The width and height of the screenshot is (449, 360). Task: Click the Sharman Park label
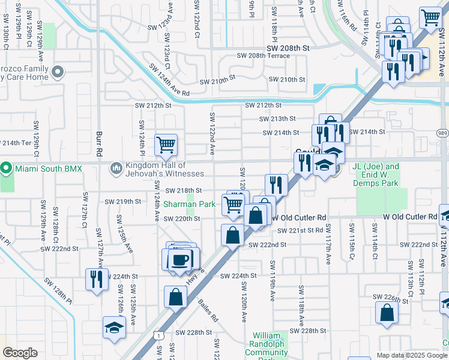click(x=190, y=205)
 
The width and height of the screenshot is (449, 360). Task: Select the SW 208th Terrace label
click(x=263, y=56)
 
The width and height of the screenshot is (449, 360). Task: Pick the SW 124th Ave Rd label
click(x=169, y=84)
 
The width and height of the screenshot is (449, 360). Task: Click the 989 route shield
click(x=442, y=133)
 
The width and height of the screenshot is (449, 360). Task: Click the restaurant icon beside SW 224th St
click(x=96, y=278)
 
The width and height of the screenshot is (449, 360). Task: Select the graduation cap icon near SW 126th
click(x=113, y=327)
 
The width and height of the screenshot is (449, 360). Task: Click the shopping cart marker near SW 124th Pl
click(x=166, y=144)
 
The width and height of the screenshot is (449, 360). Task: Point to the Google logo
click(x=20, y=353)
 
